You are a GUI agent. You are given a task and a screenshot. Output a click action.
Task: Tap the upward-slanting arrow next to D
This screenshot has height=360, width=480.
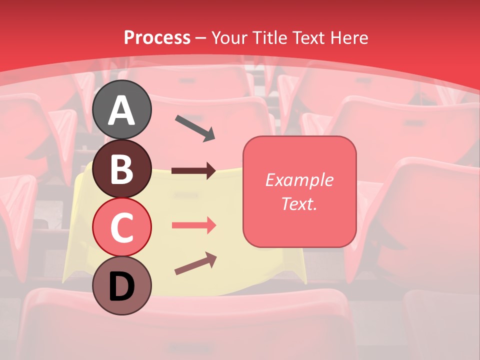pyautogui.click(x=195, y=263)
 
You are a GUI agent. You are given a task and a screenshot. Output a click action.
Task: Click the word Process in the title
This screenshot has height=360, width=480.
pyautogui.click(x=157, y=37)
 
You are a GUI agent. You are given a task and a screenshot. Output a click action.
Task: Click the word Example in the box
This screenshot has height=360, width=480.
pyautogui.click(x=299, y=180)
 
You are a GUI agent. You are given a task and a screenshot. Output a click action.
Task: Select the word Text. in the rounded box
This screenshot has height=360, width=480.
pyautogui.click(x=299, y=203)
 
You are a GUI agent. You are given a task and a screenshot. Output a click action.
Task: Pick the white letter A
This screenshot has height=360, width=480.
pyautogui.click(x=121, y=110)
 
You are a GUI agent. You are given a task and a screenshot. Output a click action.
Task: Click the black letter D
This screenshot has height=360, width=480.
pyautogui.click(x=121, y=287)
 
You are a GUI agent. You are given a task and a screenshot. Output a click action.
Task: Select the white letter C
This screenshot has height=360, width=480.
pyautogui.click(x=121, y=228)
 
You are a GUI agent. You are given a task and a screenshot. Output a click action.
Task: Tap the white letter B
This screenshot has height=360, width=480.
pyautogui.click(x=121, y=169)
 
